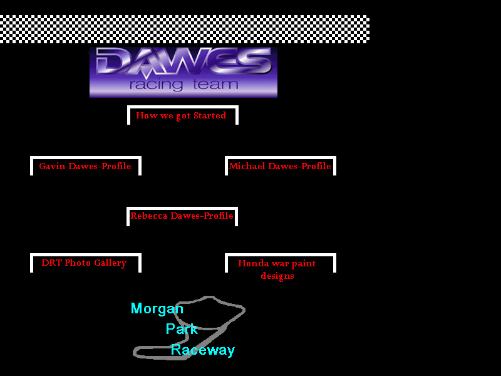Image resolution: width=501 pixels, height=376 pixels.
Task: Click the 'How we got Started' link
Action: pyautogui.click(x=181, y=115)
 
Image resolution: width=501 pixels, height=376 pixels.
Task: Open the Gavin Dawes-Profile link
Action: pyautogui.click(x=85, y=166)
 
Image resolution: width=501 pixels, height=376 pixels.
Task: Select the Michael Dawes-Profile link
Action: pyautogui.click(x=280, y=166)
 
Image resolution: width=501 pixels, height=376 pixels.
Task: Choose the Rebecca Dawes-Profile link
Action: pyautogui.click(x=182, y=216)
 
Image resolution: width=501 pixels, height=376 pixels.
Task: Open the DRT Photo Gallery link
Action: pyautogui.click(x=84, y=263)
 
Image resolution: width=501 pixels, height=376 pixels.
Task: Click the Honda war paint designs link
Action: pyautogui.click(x=277, y=269)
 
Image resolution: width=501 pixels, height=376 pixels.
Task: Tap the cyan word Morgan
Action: pyautogui.click(x=157, y=308)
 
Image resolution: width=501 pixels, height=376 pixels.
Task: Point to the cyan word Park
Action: pyautogui.click(x=182, y=329)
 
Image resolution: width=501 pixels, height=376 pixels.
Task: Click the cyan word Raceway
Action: pyautogui.click(x=202, y=350)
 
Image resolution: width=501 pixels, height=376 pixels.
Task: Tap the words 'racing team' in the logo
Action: pyautogui.click(x=183, y=85)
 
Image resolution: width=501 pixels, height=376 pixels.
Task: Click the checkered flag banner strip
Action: pyautogui.click(x=184, y=29)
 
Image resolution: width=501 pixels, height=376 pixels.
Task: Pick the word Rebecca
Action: pyautogui.click(x=149, y=216)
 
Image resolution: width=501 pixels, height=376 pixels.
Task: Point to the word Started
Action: pyautogui.click(x=210, y=115)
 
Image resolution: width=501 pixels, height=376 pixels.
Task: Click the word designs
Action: pyautogui.click(x=277, y=276)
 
